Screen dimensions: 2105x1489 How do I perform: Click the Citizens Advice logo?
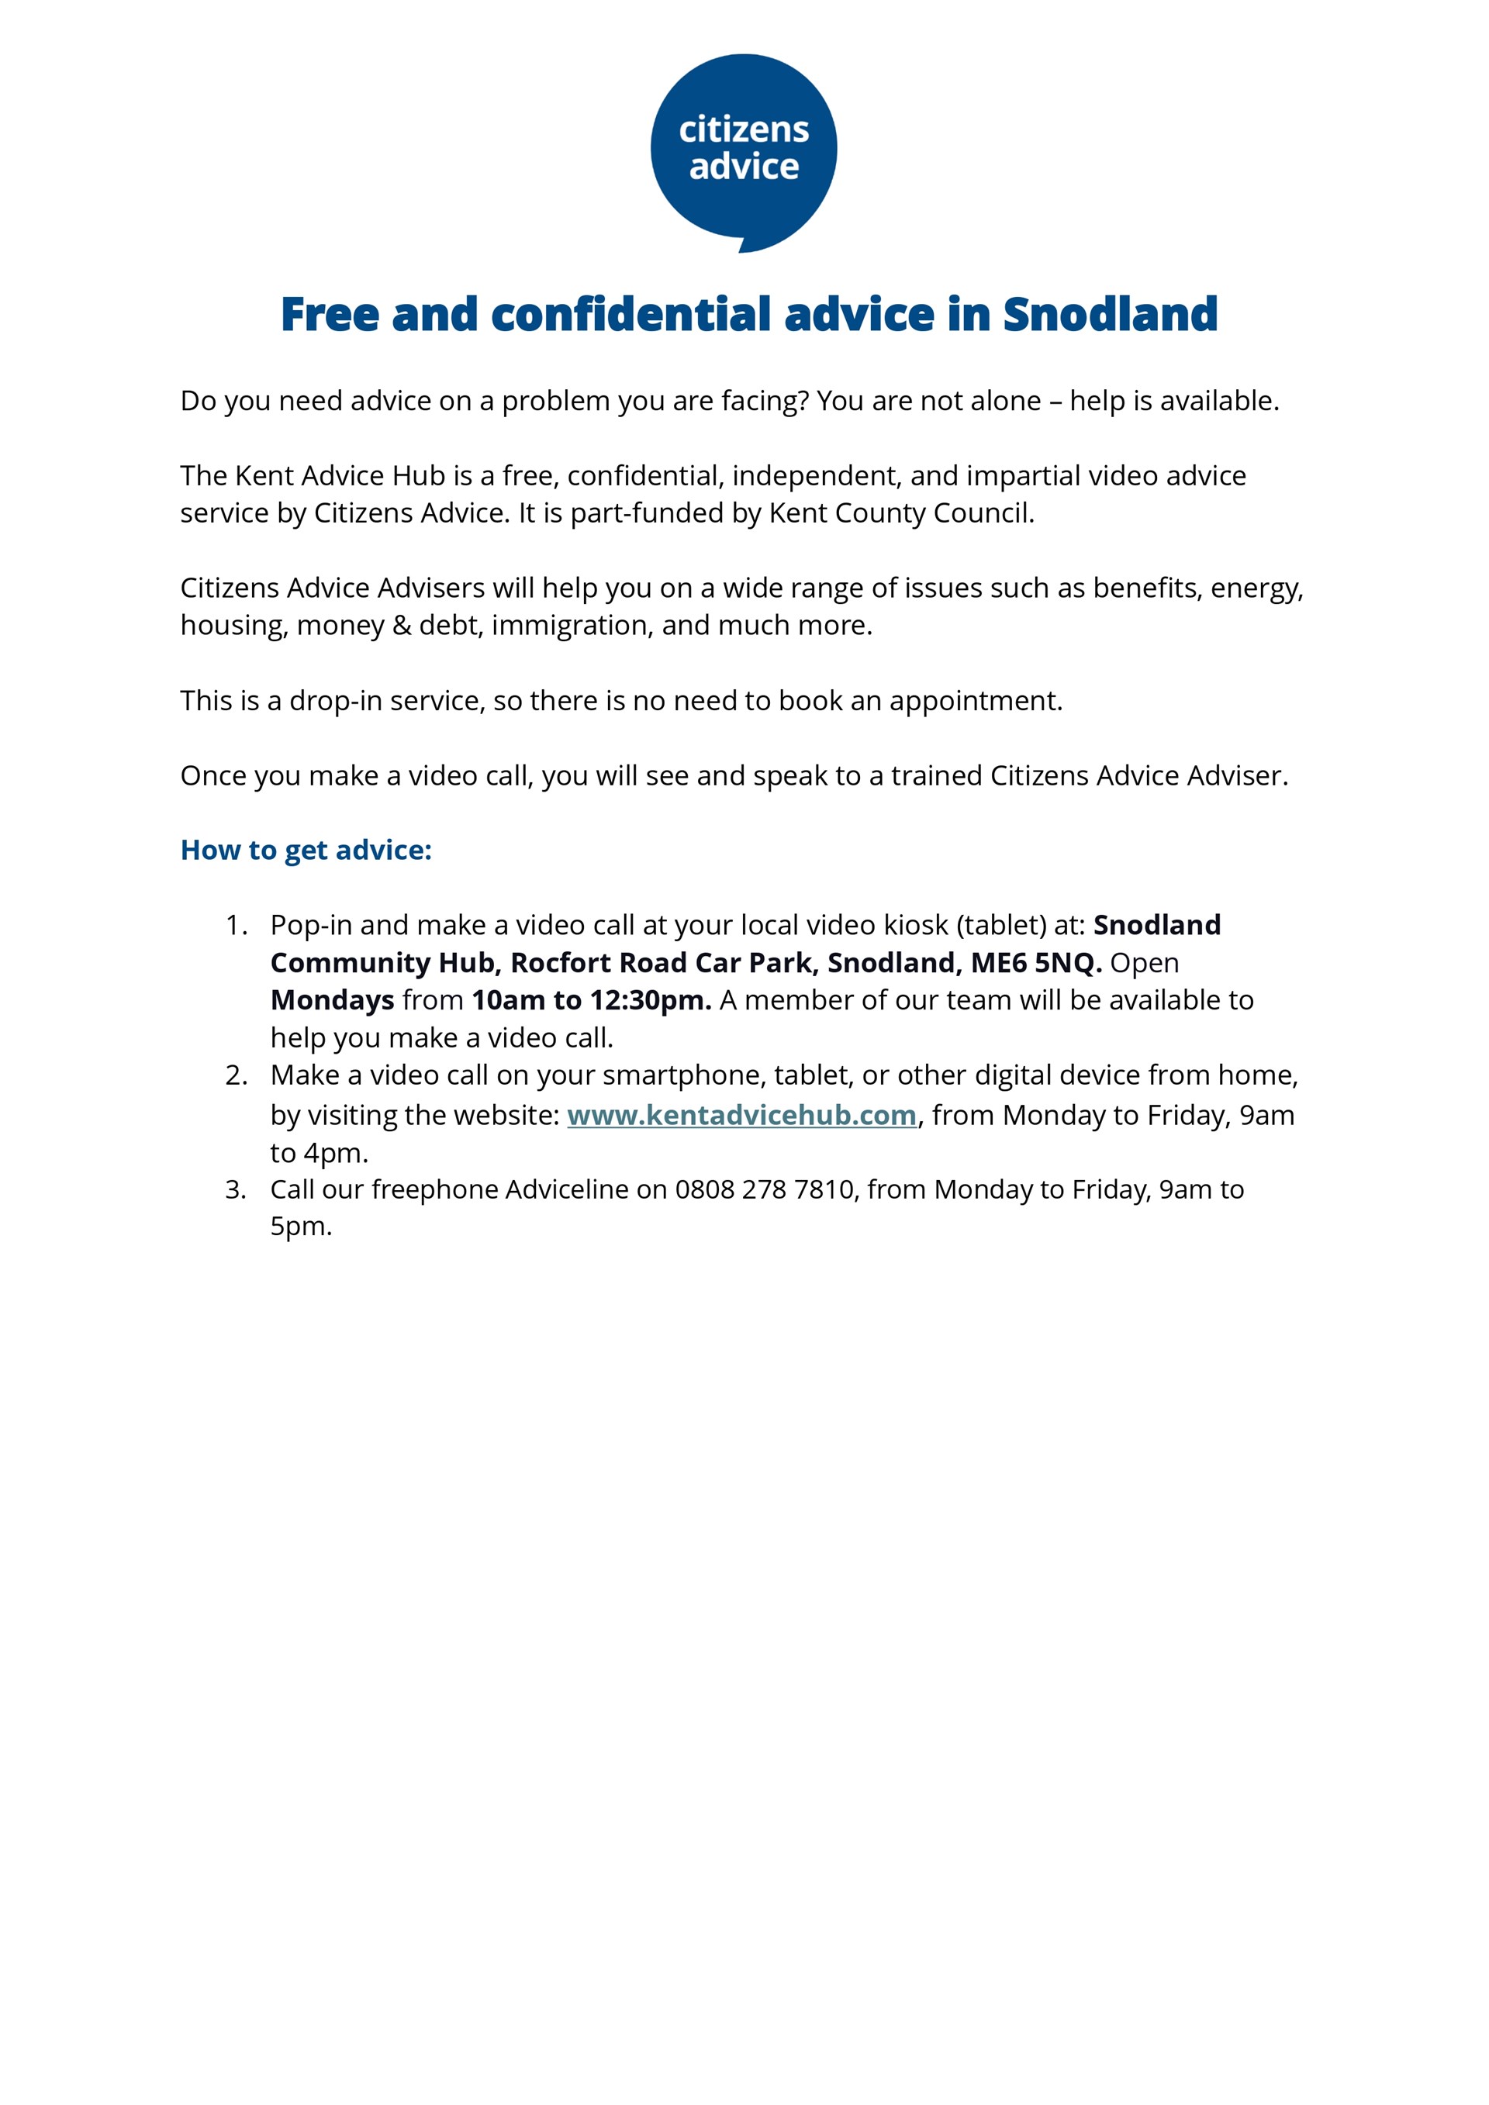pyautogui.click(x=744, y=151)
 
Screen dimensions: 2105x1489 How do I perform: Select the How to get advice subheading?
pyautogui.click(x=306, y=850)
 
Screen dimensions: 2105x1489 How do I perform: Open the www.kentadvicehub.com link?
pyautogui.click(x=741, y=1115)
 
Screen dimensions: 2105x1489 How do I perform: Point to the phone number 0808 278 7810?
pyautogui.click(x=765, y=1189)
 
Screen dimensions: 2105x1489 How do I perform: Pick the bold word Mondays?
pyautogui.click(x=332, y=1000)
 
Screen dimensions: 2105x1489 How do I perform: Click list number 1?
pyautogui.click(x=236, y=925)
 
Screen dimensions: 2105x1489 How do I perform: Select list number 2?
pyautogui.click(x=236, y=1075)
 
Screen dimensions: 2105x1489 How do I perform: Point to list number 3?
pyautogui.click(x=236, y=1189)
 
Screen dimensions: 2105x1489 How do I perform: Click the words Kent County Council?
pyautogui.click(x=900, y=512)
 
